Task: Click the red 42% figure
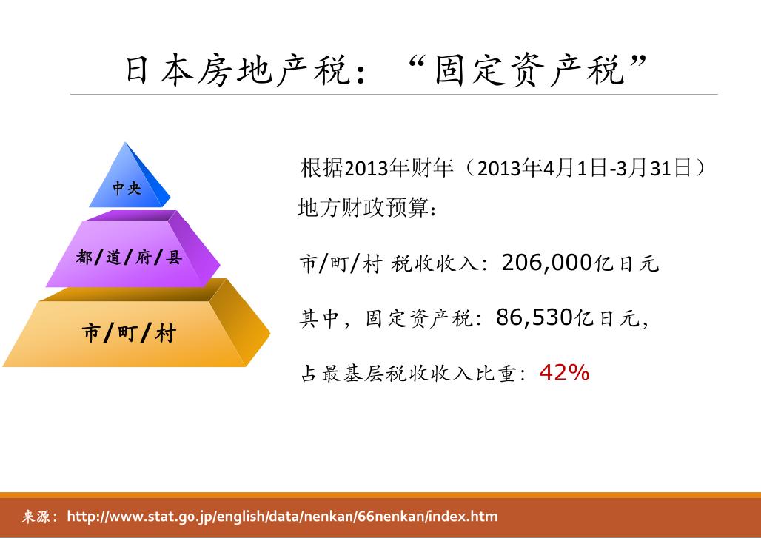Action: point(564,373)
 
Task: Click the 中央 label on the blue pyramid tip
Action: point(127,189)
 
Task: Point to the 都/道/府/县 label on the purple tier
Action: point(129,258)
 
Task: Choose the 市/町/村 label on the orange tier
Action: point(129,333)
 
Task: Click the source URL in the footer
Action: point(282,517)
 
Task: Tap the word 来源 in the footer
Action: point(35,517)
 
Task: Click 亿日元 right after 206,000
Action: point(627,263)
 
